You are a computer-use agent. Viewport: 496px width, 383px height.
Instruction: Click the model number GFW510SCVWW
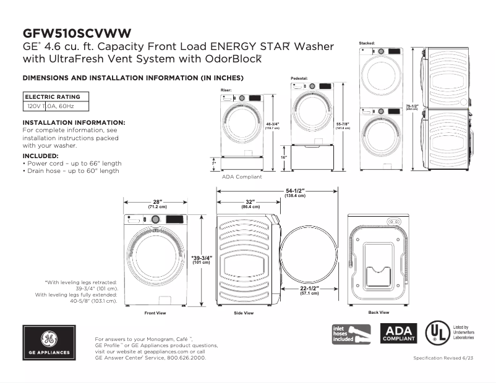point(76,33)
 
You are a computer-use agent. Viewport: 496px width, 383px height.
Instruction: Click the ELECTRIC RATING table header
point(53,97)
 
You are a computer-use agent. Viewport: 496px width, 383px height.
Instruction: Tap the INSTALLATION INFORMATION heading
point(74,123)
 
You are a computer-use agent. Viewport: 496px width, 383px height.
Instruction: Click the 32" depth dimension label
point(250,203)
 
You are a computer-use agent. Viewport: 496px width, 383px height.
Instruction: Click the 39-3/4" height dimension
point(201,259)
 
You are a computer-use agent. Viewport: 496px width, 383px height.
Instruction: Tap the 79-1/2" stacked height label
point(412,107)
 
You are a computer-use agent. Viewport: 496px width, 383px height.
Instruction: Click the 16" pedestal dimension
point(284,158)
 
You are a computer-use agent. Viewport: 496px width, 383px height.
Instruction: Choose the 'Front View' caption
point(155,313)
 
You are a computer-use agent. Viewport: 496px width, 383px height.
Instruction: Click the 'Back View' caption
point(378,313)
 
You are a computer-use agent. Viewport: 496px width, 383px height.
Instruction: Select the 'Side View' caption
point(244,313)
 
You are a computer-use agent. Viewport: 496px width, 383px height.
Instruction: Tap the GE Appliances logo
point(49,343)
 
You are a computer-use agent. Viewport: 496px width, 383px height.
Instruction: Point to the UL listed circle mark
point(437,332)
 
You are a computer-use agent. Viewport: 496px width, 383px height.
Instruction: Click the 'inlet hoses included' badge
point(351,334)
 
